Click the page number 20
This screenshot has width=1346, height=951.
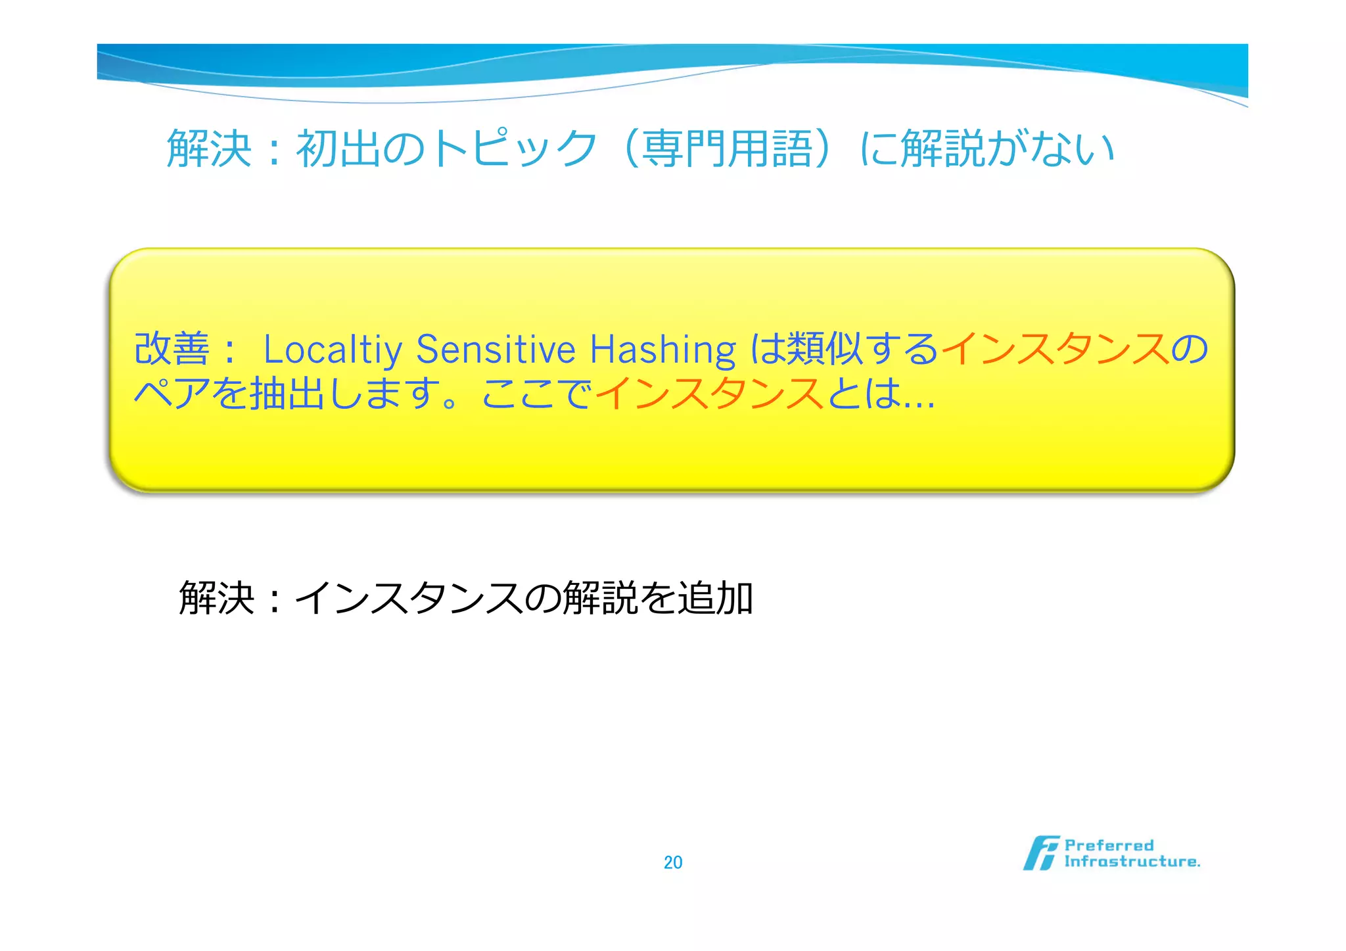(x=673, y=862)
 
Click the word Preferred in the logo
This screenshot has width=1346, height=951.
(x=1109, y=845)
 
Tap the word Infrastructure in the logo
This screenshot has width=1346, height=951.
(x=1132, y=862)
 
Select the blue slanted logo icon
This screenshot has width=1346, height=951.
(x=1040, y=853)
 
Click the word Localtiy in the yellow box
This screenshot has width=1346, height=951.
(x=333, y=350)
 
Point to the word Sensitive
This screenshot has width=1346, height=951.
(x=496, y=350)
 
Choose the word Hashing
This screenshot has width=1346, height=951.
(x=662, y=350)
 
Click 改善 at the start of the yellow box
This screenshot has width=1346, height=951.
(x=172, y=348)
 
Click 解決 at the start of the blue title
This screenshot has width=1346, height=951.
(x=209, y=149)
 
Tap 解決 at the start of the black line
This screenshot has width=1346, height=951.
(x=216, y=598)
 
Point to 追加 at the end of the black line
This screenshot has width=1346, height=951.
(x=715, y=598)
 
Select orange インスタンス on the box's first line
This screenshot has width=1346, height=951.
(x=1056, y=348)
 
